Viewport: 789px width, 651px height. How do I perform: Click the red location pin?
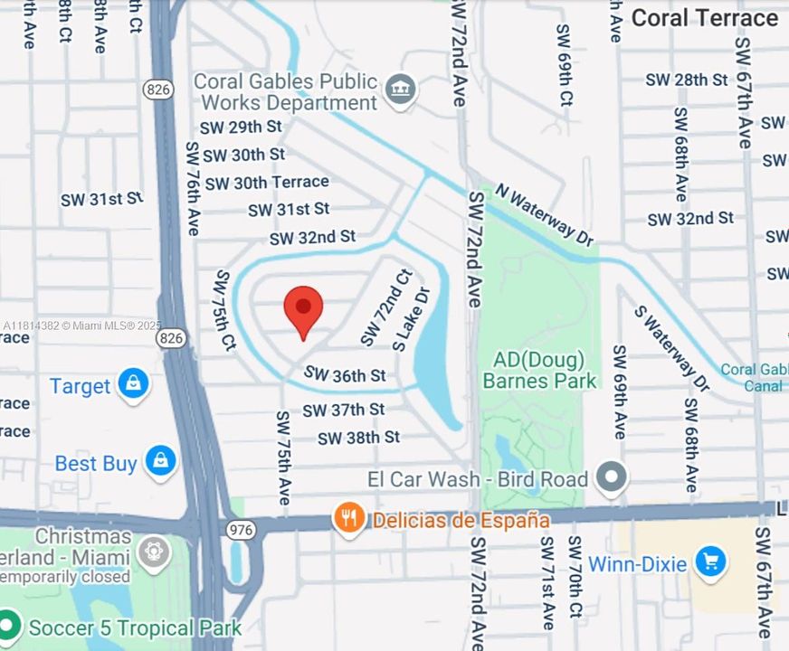point(303,309)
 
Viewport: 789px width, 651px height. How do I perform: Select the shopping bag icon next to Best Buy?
point(160,462)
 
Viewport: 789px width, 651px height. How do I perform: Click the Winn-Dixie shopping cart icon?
point(710,562)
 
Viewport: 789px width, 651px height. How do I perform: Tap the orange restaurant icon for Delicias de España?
point(348,519)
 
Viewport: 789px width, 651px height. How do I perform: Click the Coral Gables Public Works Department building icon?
point(399,90)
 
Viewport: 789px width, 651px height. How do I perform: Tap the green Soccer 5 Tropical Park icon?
point(8,627)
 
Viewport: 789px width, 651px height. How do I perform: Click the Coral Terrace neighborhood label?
point(704,18)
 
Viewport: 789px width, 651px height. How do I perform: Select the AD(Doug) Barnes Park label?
point(539,370)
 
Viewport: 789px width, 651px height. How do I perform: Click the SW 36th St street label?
point(345,374)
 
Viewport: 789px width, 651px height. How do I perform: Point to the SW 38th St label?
point(358,438)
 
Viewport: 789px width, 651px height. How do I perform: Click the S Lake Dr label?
point(413,319)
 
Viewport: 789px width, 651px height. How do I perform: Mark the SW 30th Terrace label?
point(267,183)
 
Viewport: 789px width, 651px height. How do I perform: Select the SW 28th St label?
point(687,80)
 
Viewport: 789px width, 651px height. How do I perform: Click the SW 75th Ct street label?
point(224,310)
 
